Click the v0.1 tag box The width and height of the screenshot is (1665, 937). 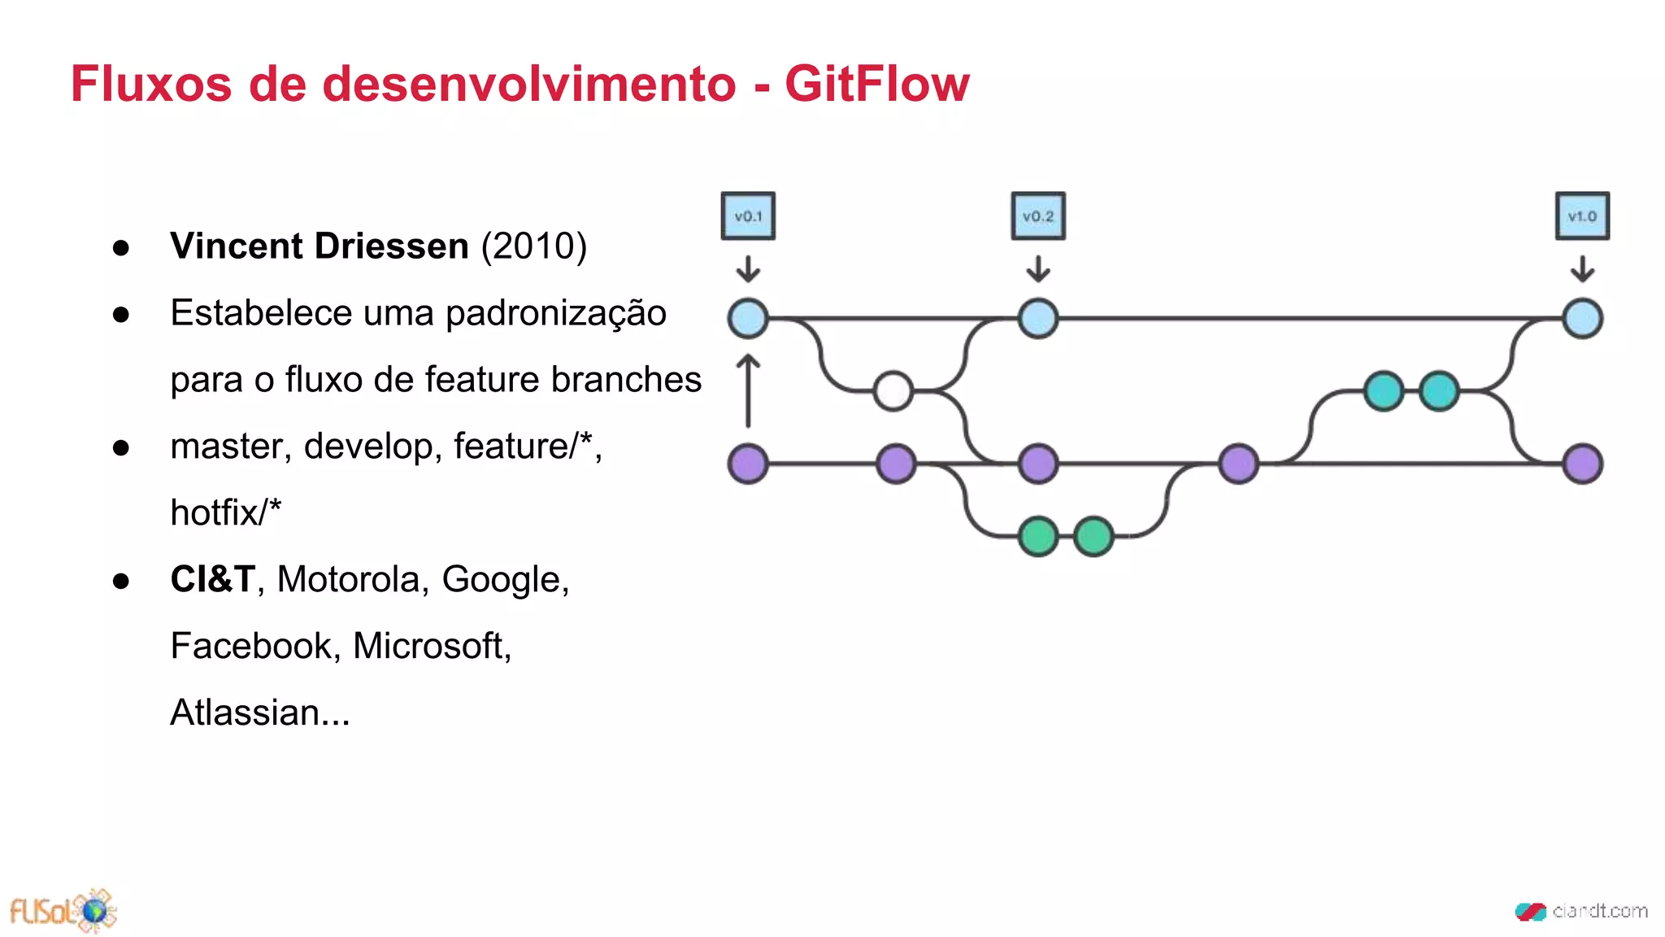point(748,216)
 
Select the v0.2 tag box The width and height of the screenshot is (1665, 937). point(1038,216)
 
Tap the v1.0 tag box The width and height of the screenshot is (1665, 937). point(1582,216)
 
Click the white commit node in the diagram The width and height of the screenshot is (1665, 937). point(893,391)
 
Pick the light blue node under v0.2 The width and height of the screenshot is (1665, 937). point(1038,318)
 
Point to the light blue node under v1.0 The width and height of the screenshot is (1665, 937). point(1582,318)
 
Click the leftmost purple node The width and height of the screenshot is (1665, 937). point(748,464)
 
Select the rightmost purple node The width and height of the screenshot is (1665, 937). point(1582,464)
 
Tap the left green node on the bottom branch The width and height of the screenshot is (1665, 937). point(1038,536)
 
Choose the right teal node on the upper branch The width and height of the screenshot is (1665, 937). point(1439,391)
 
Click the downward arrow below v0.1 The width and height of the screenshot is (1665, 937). point(748,268)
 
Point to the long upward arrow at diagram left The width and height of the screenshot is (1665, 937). point(748,391)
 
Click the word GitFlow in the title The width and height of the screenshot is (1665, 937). point(876,84)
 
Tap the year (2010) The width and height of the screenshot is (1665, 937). point(533,246)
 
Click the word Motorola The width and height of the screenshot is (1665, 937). point(352,579)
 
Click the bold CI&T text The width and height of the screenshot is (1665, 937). point(212,579)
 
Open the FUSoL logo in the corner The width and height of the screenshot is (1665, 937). point(63,911)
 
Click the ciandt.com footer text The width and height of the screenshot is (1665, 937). point(1598,911)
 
